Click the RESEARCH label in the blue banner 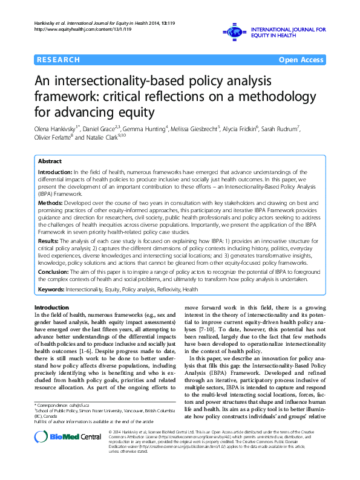(58, 60)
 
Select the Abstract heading (50, 161)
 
